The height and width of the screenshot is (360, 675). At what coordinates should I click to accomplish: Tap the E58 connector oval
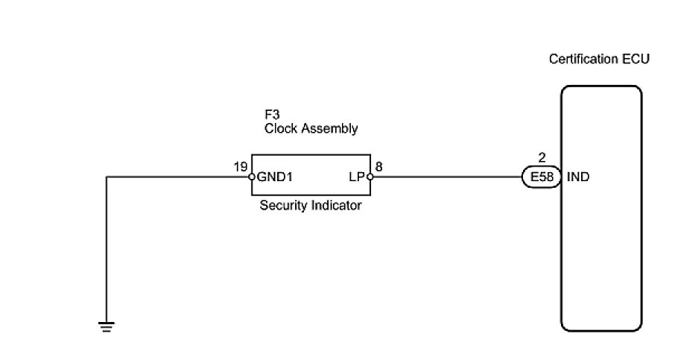539,177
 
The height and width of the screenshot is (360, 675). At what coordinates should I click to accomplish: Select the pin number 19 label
240,167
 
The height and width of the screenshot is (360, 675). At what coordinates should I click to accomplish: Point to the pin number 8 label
379,167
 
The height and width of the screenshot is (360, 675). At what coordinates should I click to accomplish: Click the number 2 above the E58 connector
542,159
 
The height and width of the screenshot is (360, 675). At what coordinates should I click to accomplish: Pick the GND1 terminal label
274,177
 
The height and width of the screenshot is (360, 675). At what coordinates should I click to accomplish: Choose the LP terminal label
355,177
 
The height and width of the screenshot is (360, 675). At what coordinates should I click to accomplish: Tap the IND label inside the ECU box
579,177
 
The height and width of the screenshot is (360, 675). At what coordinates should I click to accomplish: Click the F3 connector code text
272,115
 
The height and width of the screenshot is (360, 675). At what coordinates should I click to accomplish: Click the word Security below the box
283,206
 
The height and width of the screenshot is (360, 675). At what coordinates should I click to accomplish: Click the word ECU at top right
636,59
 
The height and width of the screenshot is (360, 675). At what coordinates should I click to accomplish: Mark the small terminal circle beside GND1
252,177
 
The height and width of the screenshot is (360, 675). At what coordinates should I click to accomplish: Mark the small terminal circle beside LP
370,177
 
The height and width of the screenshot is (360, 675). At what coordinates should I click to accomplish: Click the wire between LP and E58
447,177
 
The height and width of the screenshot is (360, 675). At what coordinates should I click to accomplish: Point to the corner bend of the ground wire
107,177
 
